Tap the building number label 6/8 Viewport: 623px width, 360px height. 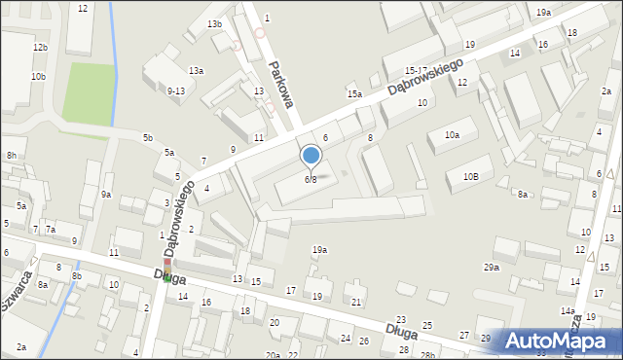311,179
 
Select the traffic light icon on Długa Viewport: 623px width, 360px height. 166,271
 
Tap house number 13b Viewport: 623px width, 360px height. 214,23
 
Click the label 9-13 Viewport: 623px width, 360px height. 176,90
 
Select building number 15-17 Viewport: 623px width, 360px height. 417,71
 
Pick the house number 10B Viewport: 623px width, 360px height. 471,176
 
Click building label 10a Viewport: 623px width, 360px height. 452,135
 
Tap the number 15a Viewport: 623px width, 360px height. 355,94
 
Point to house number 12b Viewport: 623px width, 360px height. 39,47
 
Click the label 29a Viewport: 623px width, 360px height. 491,267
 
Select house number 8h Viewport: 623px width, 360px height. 12,155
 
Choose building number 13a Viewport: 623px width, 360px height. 197,70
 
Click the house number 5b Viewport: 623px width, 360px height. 148,138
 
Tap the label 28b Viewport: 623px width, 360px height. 426,355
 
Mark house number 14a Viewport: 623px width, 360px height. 568,310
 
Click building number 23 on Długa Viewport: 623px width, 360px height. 401,319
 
